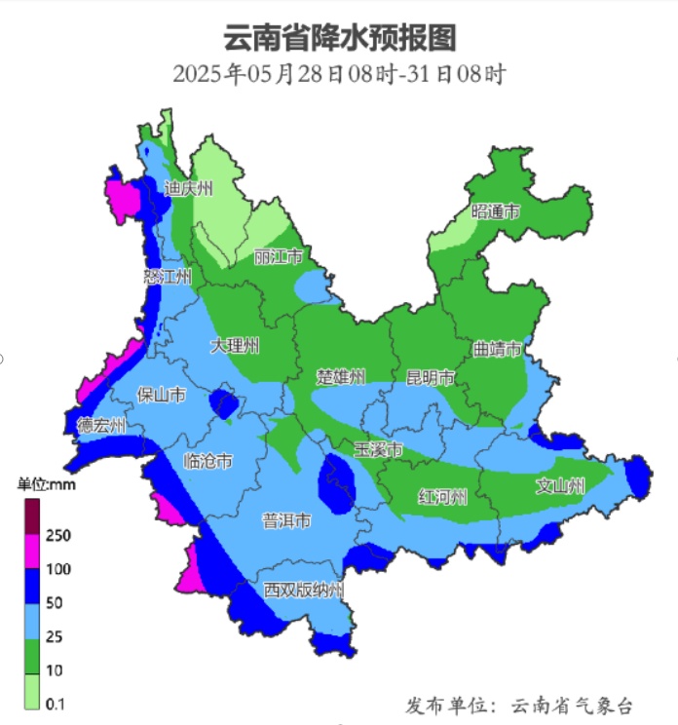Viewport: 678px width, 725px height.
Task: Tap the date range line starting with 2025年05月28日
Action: pyautogui.click(x=340, y=74)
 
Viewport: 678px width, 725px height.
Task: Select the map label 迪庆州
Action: pyautogui.click(x=188, y=188)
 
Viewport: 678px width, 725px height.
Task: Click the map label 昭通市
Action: pyautogui.click(x=496, y=211)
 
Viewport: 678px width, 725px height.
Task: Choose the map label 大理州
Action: pyautogui.click(x=235, y=346)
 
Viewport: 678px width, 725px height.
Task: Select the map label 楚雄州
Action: pyautogui.click(x=340, y=376)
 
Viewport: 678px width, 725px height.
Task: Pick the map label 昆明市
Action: pyautogui.click(x=431, y=377)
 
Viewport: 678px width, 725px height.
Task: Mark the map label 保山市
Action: pyautogui.click(x=161, y=395)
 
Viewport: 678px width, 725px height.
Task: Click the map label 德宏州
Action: pyautogui.click(x=102, y=425)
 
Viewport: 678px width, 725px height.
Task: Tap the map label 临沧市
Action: pyautogui.click(x=208, y=461)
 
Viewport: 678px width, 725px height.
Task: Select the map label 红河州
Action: pyautogui.click(x=442, y=497)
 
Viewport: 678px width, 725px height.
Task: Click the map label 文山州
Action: pyautogui.click(x=560, y=485)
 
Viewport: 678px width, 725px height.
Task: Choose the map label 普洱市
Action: pyautogui.click(x=286, y=521)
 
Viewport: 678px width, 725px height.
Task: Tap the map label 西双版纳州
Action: pyautogui.click(x=304, y=590)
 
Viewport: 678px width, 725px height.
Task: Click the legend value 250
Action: pyautogui.click(x=58, y=535)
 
